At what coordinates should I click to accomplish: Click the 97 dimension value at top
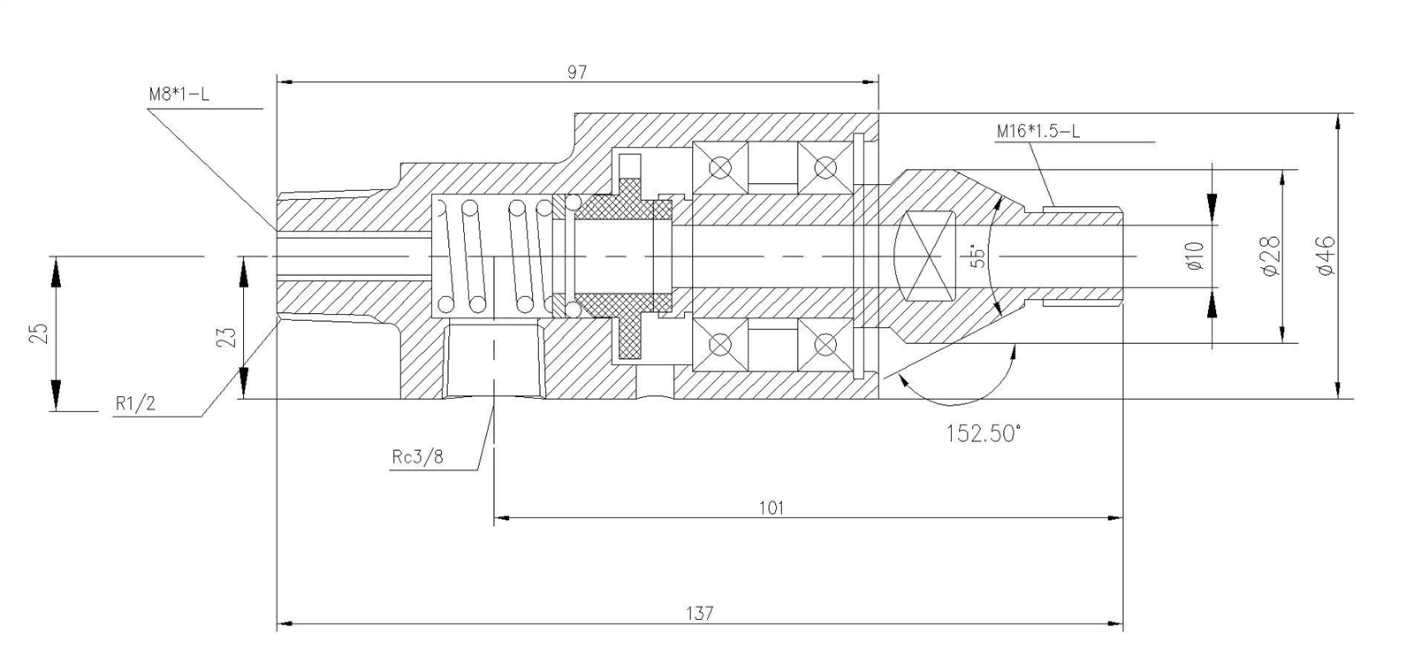(577, 73)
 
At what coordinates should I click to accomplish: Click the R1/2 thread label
(135, 404)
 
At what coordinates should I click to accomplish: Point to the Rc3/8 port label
(418, 457)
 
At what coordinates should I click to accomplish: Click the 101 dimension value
(772, 508)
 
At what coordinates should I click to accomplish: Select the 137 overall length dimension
(698, 612)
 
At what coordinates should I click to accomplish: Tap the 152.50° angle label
(983, 433)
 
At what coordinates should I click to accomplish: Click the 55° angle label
(977, 256)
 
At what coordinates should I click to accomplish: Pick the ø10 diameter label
(1195, 256)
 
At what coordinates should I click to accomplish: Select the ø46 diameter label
(1325, 256)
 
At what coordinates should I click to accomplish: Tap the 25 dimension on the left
(38, 333)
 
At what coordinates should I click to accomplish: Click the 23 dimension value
(226, 336)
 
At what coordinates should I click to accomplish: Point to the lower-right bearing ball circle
(825, 344)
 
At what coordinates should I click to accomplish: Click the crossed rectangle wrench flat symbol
(925, 256)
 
